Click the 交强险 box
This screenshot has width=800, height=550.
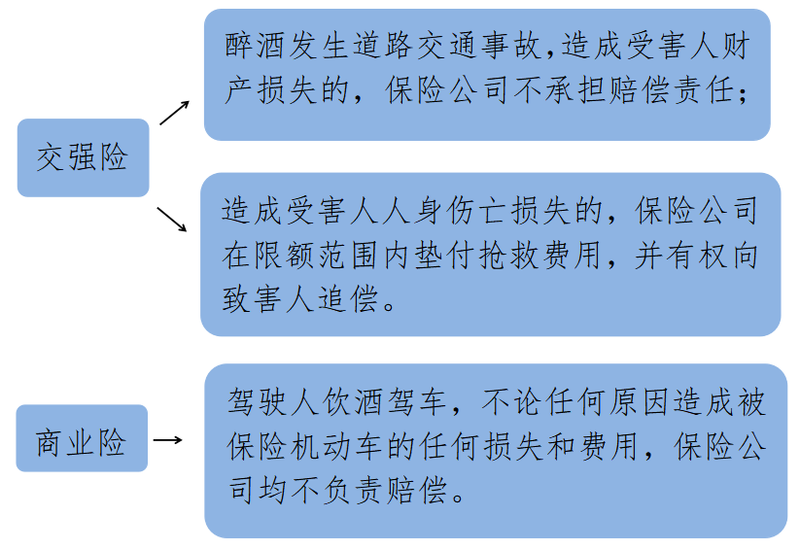[83, 157]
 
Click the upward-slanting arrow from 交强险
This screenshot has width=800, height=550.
[174, 111]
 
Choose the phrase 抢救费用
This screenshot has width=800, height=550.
[539, 255]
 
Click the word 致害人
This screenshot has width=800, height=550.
[268, 299]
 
